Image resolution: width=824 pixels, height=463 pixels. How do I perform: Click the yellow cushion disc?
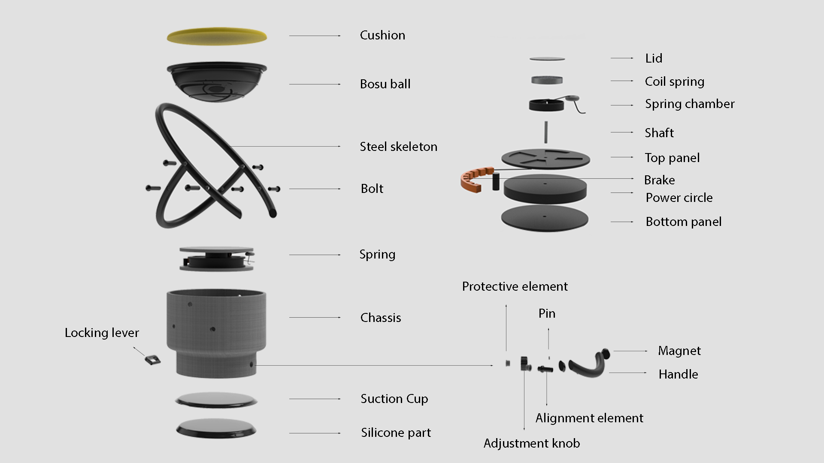(x=217, y=36)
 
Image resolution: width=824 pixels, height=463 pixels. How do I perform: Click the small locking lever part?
(x=152, y=359)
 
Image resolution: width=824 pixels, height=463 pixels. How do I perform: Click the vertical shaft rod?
(x=546, y=132)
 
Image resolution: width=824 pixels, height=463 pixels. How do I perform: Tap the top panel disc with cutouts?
(x=545, y=158)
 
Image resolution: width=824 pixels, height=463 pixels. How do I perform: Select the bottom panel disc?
(x=544, y=218)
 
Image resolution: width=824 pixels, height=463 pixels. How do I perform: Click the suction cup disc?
(x=216, y=400)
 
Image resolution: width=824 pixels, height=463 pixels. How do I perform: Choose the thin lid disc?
(x=547, y=59)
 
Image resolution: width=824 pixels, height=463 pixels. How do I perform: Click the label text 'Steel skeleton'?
(x=398, y=147)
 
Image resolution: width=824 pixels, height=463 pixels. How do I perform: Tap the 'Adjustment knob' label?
(x=531, y=443)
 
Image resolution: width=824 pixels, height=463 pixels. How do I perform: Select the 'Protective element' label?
(x=515, y=286)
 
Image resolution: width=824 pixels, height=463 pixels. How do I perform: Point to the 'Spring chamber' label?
(x=689, y=104)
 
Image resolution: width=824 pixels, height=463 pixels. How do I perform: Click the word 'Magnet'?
(x=679, y=351)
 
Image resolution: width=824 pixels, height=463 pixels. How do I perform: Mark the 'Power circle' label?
(x=679, y=198)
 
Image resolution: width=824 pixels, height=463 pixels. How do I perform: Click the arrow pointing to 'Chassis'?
(x=315, y=317)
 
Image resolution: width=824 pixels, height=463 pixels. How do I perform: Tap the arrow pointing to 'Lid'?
(x=621, y=58)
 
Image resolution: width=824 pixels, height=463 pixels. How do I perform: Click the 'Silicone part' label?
(x=396, y=433)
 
